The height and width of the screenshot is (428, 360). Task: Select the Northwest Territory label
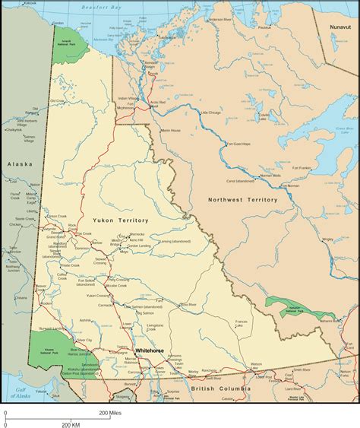[242, 199]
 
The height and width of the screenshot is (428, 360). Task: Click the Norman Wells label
[271, 175]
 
